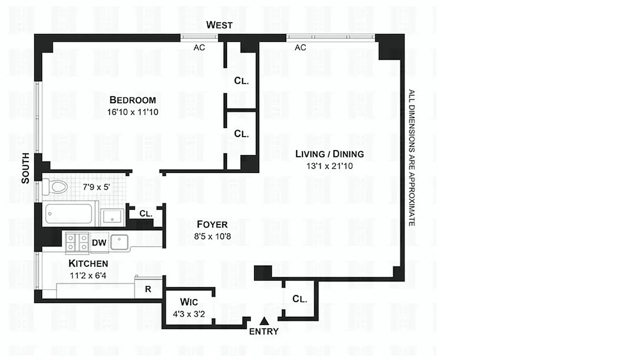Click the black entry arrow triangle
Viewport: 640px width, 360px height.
(x=265, y=321)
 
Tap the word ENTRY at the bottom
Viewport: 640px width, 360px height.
(x=264, y=332)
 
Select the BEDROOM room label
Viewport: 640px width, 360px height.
(x=133, y=100)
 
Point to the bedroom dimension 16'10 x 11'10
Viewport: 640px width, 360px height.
(x=133, y=112)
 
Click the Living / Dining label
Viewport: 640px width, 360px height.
(x=329, y=154)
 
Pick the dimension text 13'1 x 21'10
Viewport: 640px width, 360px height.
(x=329, y=166)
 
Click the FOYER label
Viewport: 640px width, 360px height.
(x=212, y=225)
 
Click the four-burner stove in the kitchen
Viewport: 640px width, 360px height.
(x=77, y=243)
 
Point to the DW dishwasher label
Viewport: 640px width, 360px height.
(x=99, y=243)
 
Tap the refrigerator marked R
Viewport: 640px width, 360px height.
(x=148, y=289)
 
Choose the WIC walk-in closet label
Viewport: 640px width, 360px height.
(x=189, y=301)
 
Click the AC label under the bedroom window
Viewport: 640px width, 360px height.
(x=199, y=47)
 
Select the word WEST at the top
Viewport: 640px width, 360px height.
(x=219, y=25)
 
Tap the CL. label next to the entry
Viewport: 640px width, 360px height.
(x=299, y=299)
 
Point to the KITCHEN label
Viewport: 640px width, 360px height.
(x=88, y=264)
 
